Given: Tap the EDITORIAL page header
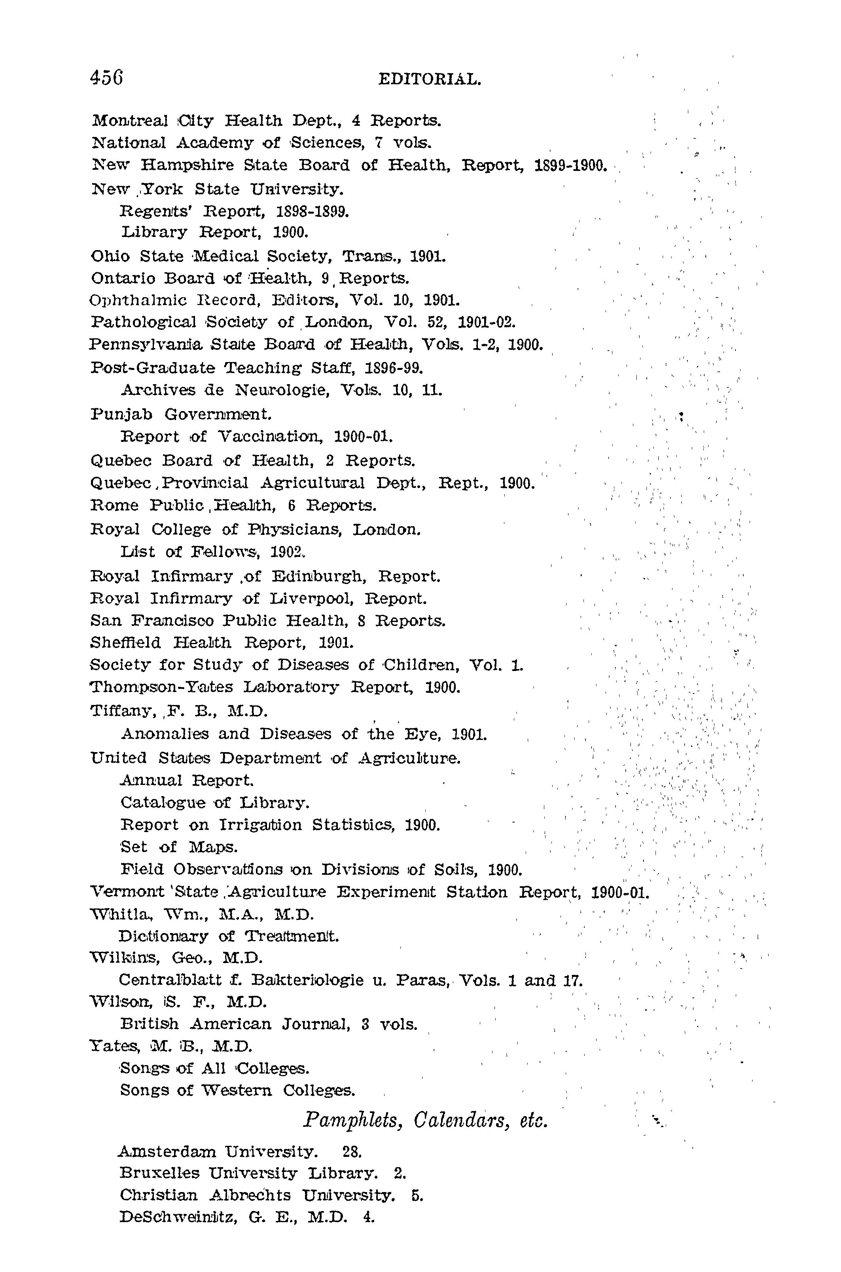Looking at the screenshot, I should pyautogui.click(x=430, y=80).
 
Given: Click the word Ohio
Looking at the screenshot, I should pyautogui.click(x=111, y=256).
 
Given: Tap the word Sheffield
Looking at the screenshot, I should pyautogui.click(x=126, y=642).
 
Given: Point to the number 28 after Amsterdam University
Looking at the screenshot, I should pyautogui.click(x=352, y=1151).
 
